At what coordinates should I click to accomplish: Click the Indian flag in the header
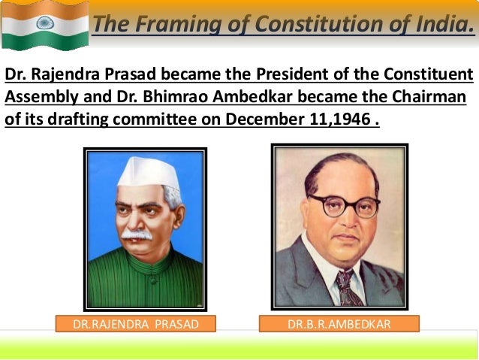[44, 26]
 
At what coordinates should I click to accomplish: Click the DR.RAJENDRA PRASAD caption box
[136, 325]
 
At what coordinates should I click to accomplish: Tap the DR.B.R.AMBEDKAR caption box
[339, 325]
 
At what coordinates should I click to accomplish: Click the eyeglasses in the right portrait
[344, 204]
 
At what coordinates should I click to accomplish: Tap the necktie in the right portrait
[345, 286]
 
